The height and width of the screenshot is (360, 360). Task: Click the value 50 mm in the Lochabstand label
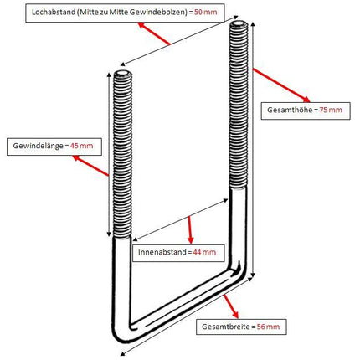[x=206, y=13]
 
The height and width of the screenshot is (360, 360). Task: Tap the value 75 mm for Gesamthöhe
[x=331, y=110]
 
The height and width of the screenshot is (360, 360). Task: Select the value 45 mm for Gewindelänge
[x=81, y=146]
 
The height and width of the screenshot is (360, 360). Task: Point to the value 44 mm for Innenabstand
[x=204, y=252]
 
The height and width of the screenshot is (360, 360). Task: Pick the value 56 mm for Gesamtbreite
[x=268, y=327]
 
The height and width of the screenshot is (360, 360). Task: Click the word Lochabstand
[x=54, y=13]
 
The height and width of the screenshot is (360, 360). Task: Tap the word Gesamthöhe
[x=290, y=110]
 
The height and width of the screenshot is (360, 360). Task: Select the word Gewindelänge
[x=38, y=146]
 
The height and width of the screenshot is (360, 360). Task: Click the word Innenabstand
[x=162, y=252]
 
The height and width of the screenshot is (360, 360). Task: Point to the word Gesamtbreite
[x=225, y=327]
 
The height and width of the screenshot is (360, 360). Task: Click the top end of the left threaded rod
[x=122, y=74]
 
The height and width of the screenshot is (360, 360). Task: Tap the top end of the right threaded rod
[x=239, y=23]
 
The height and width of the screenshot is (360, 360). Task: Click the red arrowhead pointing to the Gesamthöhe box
[x=306, y=100]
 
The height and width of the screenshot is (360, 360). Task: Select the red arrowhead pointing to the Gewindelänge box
[x=76, y=158]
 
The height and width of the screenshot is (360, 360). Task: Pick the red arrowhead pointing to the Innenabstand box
[x=191, y=240]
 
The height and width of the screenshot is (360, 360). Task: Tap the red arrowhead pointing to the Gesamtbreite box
[x=235, y=315]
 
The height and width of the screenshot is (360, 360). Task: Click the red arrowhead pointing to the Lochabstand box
[x=141, y=25]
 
